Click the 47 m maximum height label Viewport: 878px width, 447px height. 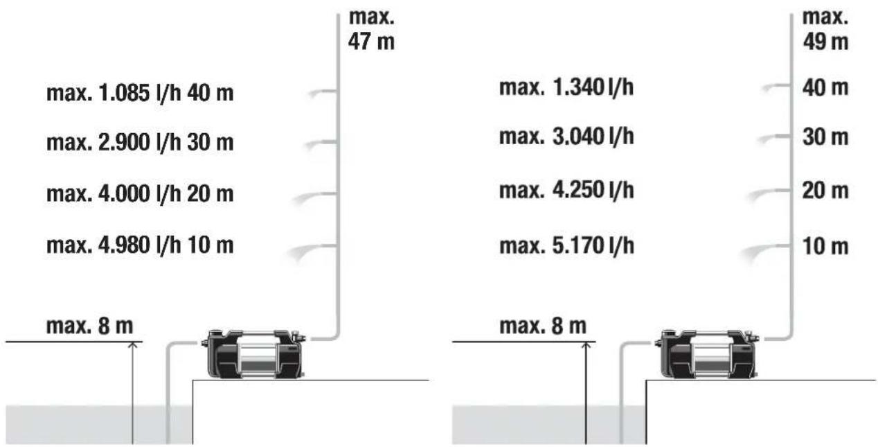point(371,30)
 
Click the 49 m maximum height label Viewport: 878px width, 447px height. point(825,30)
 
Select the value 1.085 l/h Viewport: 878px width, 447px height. point(140,94)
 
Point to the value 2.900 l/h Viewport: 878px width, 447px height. point(140,143)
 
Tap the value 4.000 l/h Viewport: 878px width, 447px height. point(140,194)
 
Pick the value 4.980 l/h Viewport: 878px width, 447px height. point(140,245)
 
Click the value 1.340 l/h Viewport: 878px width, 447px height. point(593,87)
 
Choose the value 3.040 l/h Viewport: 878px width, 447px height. point(593,137)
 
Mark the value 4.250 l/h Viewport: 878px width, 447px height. point(593,191)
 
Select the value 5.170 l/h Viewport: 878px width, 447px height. point(593,246)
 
